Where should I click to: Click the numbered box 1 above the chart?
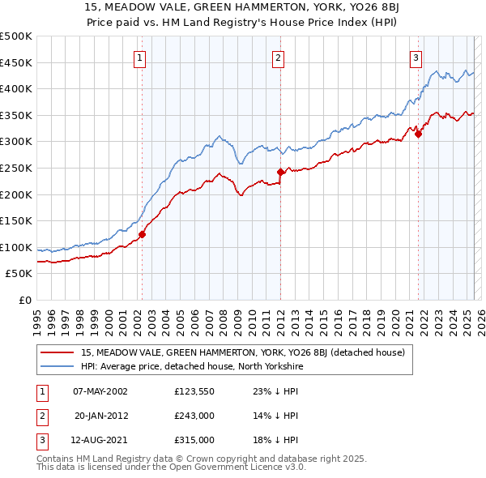140,58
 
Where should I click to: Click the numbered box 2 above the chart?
278,58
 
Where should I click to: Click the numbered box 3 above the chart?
416,58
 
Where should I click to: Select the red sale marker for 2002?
142,235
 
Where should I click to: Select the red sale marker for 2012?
280,172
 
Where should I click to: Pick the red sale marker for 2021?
419,134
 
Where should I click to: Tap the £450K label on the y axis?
16,62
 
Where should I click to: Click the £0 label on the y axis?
25,300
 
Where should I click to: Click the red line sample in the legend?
58,352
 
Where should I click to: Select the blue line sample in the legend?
58,366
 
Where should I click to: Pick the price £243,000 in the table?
194,416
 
